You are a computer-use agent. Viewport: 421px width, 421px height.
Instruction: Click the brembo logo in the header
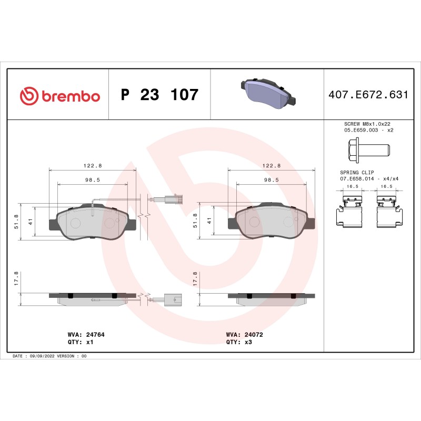coord(59,96)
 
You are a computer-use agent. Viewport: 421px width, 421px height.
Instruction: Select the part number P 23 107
coord(159,95)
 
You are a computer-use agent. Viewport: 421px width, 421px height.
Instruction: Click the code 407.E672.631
coord(368,95)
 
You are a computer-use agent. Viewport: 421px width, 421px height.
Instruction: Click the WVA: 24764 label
coord(83,334)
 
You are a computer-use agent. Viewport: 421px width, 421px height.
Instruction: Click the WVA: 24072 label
coord(244,334)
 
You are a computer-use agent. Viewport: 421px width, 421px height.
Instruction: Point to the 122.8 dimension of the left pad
coord(93,165)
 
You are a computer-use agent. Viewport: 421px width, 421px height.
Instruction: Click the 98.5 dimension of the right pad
coord(271,179)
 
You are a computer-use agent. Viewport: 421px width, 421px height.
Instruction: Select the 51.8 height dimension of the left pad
coord(17,222)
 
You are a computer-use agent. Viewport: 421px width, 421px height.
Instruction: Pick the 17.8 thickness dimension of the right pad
coord(196,277)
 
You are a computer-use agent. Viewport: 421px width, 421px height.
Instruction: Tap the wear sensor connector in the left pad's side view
coord(172,299)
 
